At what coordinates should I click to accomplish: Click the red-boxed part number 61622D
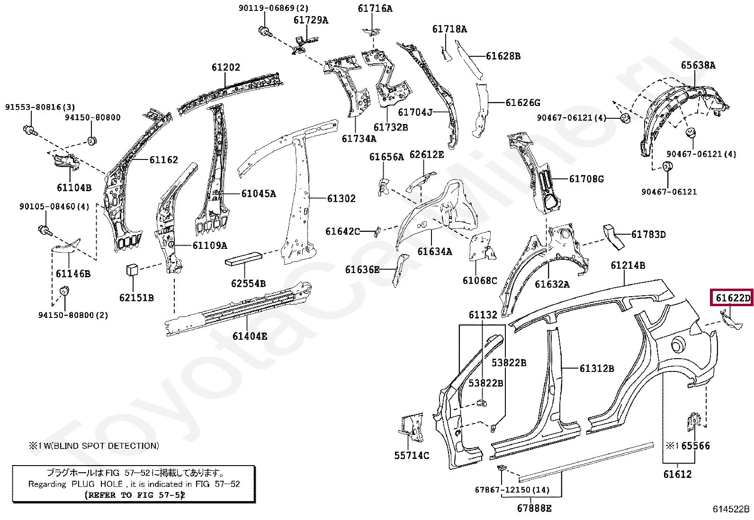[732, 298]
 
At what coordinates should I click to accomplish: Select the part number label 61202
[226, 67]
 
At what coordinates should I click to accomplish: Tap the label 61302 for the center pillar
[341, 199]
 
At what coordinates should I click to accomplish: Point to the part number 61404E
[250, 336]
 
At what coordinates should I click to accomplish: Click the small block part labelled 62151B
[132, 270]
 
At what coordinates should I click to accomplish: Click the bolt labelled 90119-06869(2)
[264, 31]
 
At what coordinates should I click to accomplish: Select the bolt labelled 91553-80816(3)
[29, 129]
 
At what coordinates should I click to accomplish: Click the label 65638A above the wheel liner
[698, 65]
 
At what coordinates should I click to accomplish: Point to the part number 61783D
[648, 235]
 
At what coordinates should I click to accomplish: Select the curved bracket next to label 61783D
[614, 236]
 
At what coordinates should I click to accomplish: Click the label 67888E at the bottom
[534, 509]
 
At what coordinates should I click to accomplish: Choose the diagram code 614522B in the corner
[731, 509]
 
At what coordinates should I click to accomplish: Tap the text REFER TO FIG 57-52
[135, 495]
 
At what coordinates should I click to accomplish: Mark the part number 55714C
[412, 456]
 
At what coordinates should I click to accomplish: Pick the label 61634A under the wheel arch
[434, 252]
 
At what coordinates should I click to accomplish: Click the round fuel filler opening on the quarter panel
[679, 344]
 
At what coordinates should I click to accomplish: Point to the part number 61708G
[586, 179]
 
